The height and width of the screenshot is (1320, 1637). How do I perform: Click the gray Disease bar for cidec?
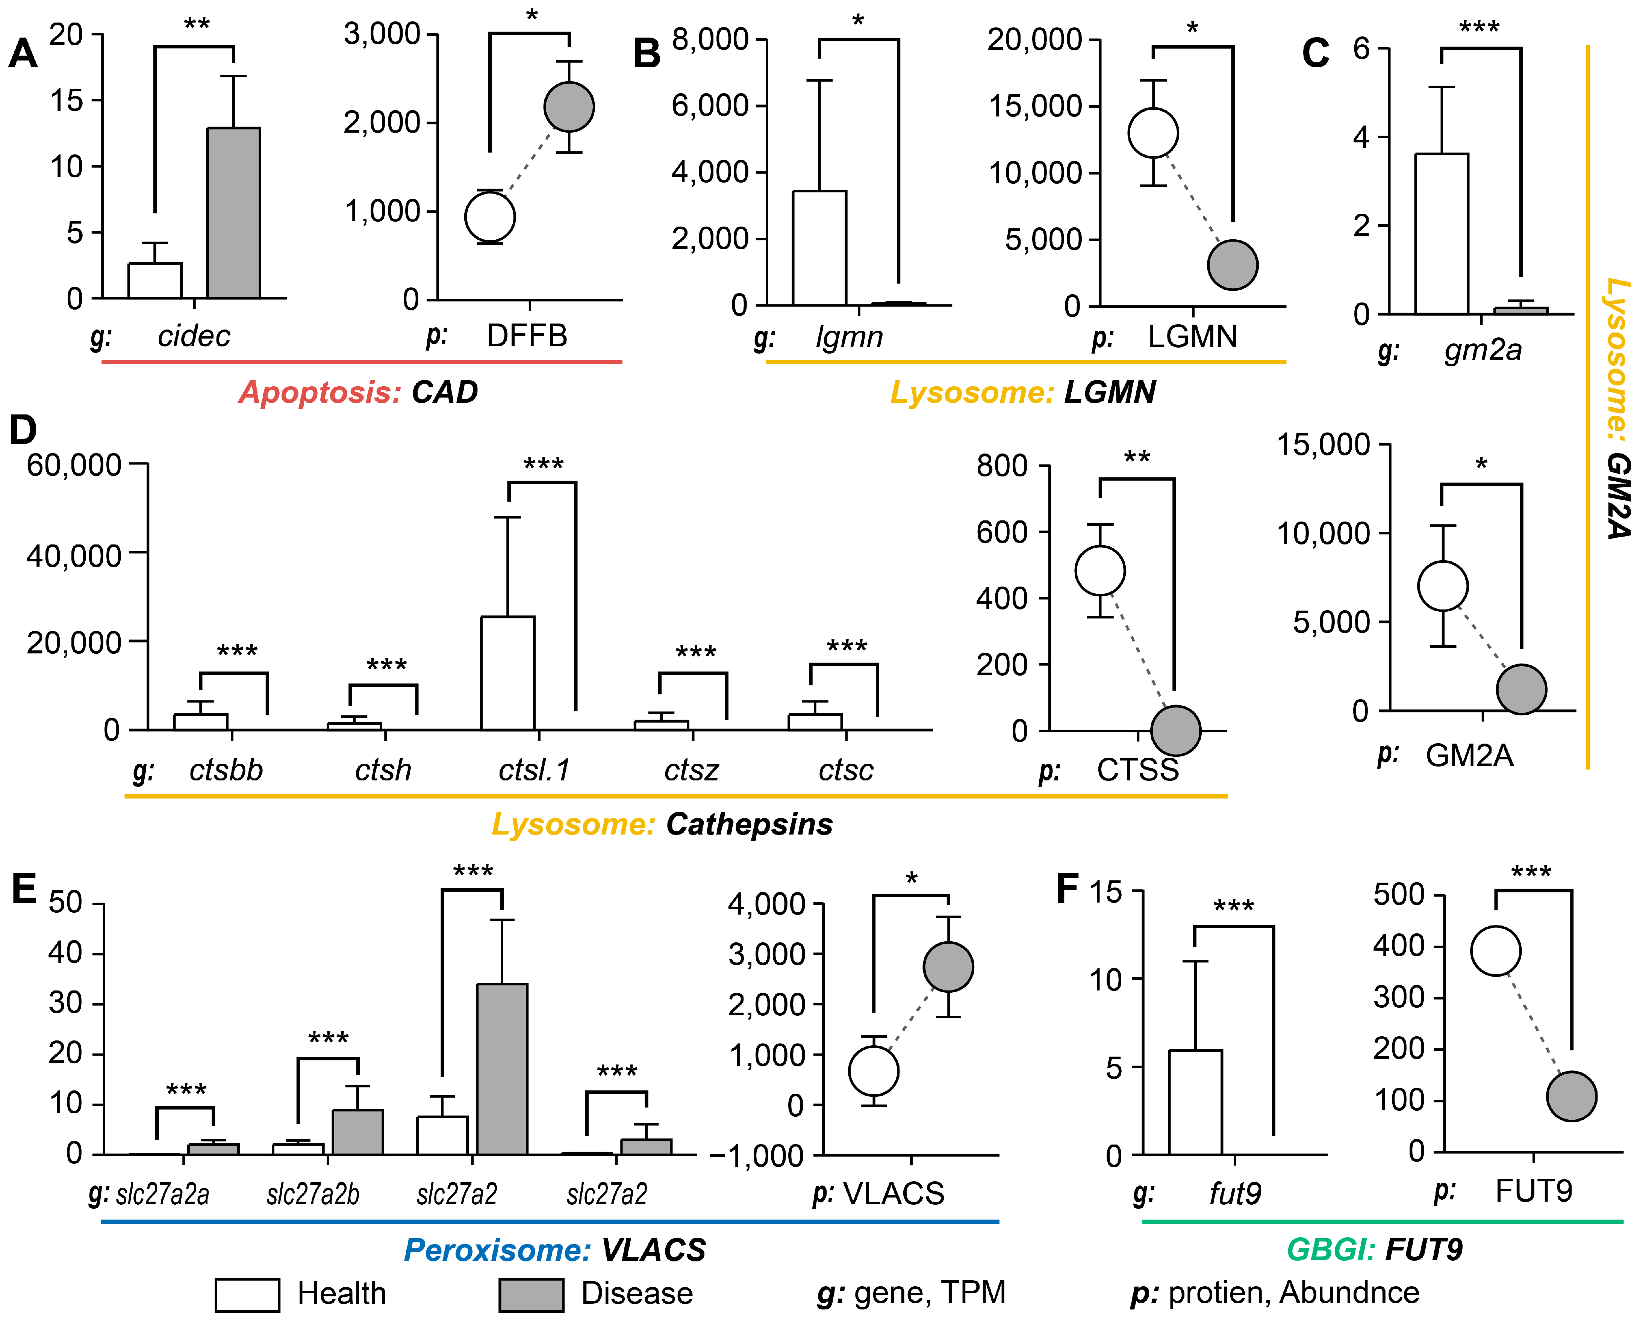coord(233,213)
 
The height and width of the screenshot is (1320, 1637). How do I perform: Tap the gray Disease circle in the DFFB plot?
coord(568,107)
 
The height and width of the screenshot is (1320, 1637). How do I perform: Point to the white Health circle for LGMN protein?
coord(1153,133)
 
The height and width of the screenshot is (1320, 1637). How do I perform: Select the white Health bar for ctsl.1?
coord(507,673)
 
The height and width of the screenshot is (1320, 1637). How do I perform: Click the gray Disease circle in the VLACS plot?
coord(948,967)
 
